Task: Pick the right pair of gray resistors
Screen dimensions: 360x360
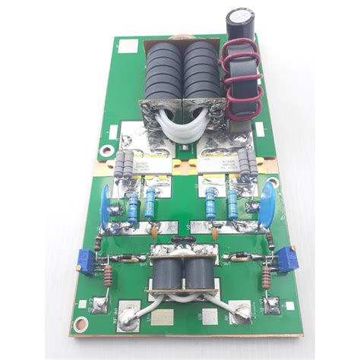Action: [247, 164]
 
